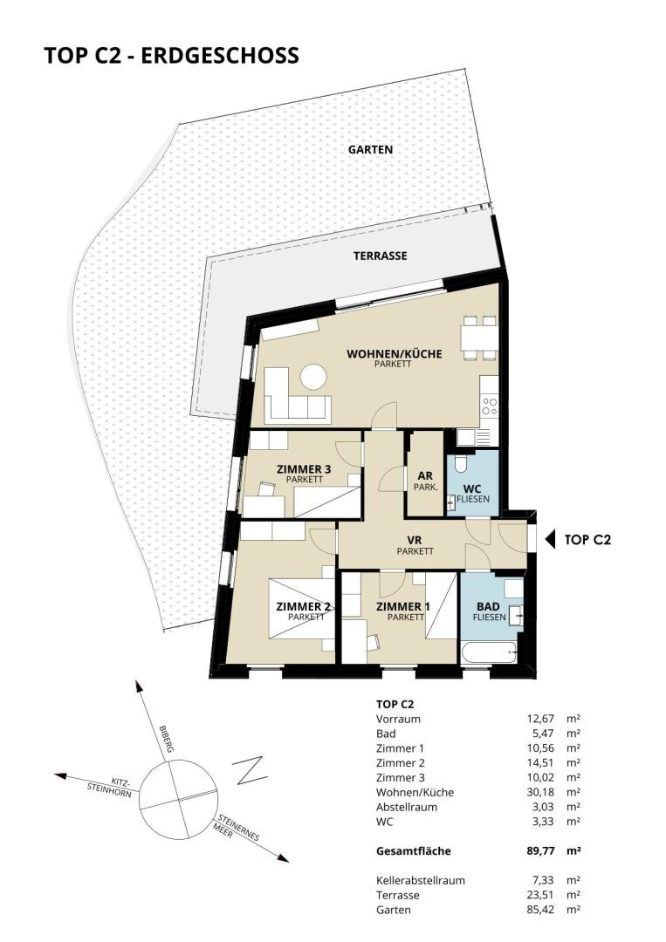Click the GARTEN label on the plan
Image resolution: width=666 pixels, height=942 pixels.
[x=370, y=150]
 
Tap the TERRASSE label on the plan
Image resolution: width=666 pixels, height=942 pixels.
[x=380, y=256]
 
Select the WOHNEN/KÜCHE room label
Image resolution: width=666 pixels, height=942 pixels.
[x=394, y=354]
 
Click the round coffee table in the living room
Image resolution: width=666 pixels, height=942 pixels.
[x=313, y=378]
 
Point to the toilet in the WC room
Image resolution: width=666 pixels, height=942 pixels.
[x=461, y=463]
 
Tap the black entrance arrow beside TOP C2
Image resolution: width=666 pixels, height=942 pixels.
[x=549, y=540]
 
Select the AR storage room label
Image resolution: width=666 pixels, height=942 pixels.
[x=425, y=476]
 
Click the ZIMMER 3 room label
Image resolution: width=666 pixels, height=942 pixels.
[x=304, y=469]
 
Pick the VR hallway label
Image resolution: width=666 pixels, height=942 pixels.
[x=414, y=541]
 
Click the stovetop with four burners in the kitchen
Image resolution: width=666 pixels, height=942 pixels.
[x=490, y=406]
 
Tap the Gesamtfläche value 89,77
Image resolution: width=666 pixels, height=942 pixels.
[x=539, y=850]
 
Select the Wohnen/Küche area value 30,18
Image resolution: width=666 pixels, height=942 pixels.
[x=539, y=792]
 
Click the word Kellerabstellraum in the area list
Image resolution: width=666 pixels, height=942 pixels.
[x=421, y=880]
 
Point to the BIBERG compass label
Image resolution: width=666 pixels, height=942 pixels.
[x=166, y=739]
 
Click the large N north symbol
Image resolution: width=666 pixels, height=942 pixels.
[x=251, y=771]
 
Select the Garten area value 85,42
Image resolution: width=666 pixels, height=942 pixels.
[x=539, y=910]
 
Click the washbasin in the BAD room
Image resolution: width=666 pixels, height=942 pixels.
[x=516, y=615]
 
